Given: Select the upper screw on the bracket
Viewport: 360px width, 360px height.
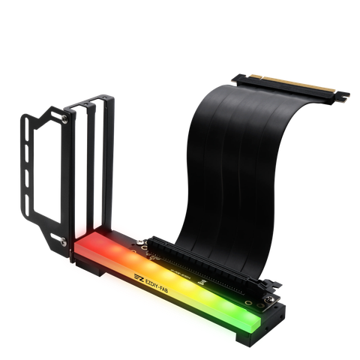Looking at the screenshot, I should pos(67,116).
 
